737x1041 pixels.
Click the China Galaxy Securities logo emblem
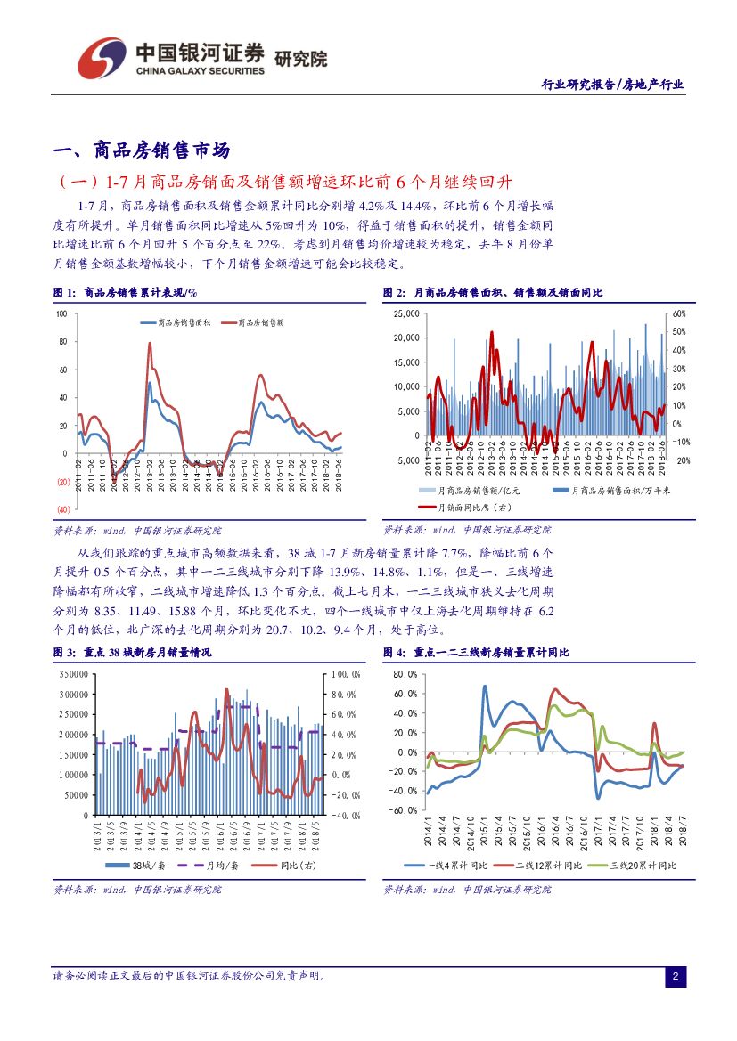pos(100,58)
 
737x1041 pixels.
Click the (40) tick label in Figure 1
pos(63,508)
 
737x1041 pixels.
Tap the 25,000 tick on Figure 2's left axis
pos(405,314)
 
